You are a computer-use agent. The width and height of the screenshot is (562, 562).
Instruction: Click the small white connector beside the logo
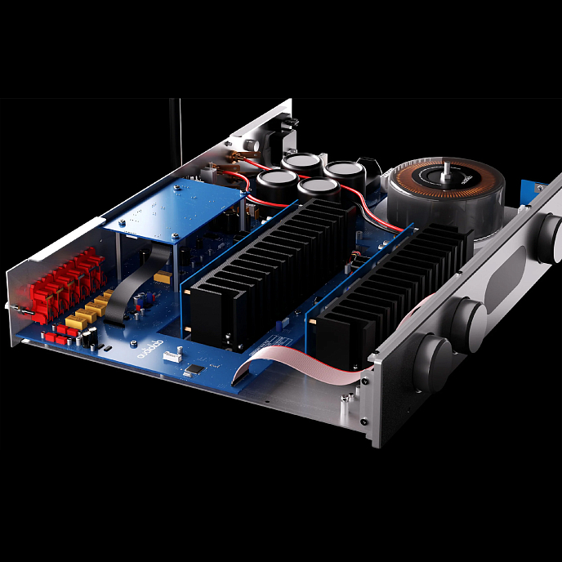pyautogui.click(x=172, y=355)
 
